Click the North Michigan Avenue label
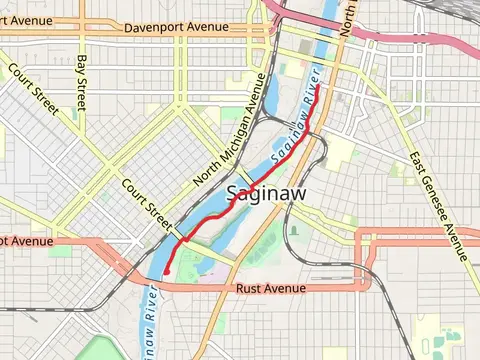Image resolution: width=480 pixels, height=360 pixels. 232,129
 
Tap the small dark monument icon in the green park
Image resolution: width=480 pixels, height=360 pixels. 294,229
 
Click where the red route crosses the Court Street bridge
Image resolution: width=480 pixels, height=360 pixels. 184,238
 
